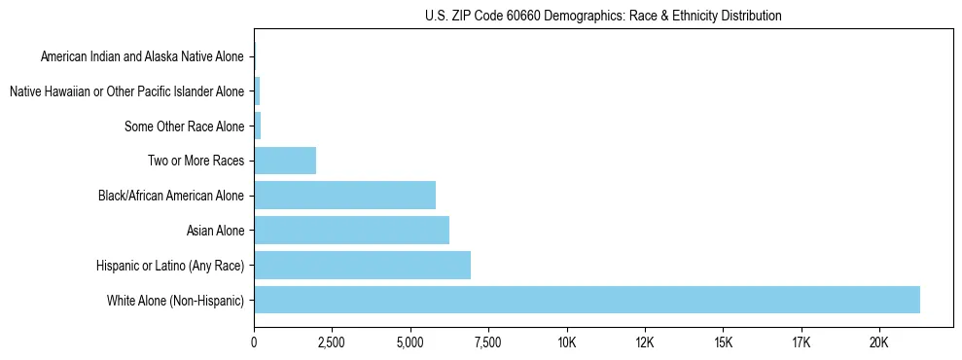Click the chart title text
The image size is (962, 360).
tap(603, 16)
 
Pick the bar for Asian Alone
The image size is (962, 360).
tap(351, 230)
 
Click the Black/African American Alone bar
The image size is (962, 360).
tap(344, 195)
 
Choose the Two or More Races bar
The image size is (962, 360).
tap(285, 161)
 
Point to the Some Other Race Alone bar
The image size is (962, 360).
tap(257, 126)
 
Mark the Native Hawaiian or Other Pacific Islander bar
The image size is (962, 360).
tap(257, 91)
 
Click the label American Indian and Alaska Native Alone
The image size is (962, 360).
tap(143, 57)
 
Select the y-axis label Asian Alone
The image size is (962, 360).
tap(215, 231)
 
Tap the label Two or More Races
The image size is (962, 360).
tap(198, 161)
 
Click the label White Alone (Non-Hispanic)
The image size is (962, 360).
tap(175, 301)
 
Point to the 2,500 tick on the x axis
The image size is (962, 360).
tap(332, 342)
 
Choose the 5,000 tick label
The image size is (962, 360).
tap(410, 342)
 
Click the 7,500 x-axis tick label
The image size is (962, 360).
tap(488, 342)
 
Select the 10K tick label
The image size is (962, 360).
tap(567, 342)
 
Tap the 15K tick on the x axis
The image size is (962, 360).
tap(723, 342)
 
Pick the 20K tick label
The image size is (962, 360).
tap(879, 342)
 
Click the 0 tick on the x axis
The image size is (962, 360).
tap(254, 342)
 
